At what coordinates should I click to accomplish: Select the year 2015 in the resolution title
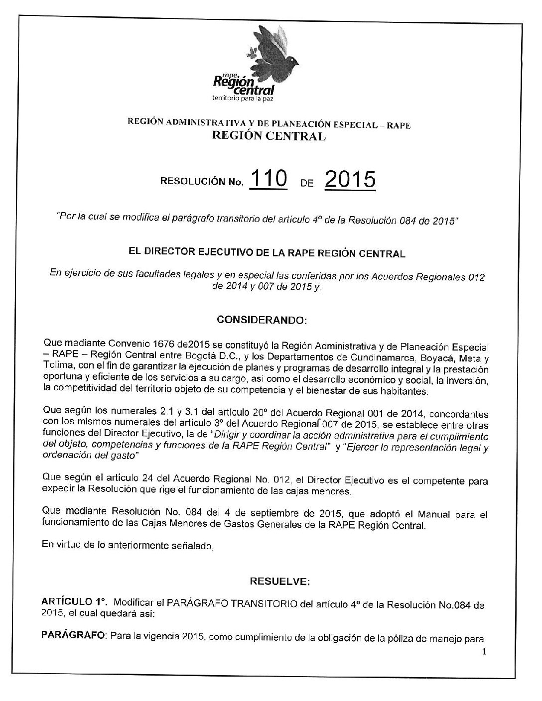[x=349, y=180]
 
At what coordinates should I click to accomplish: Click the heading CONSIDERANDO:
[x=263, y=321]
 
